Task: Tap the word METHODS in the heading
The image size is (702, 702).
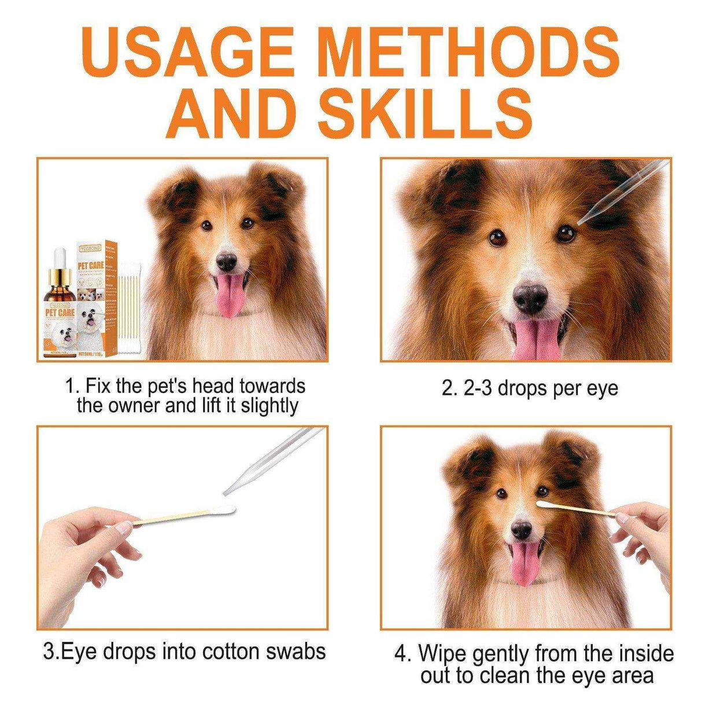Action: click(469, 53)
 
